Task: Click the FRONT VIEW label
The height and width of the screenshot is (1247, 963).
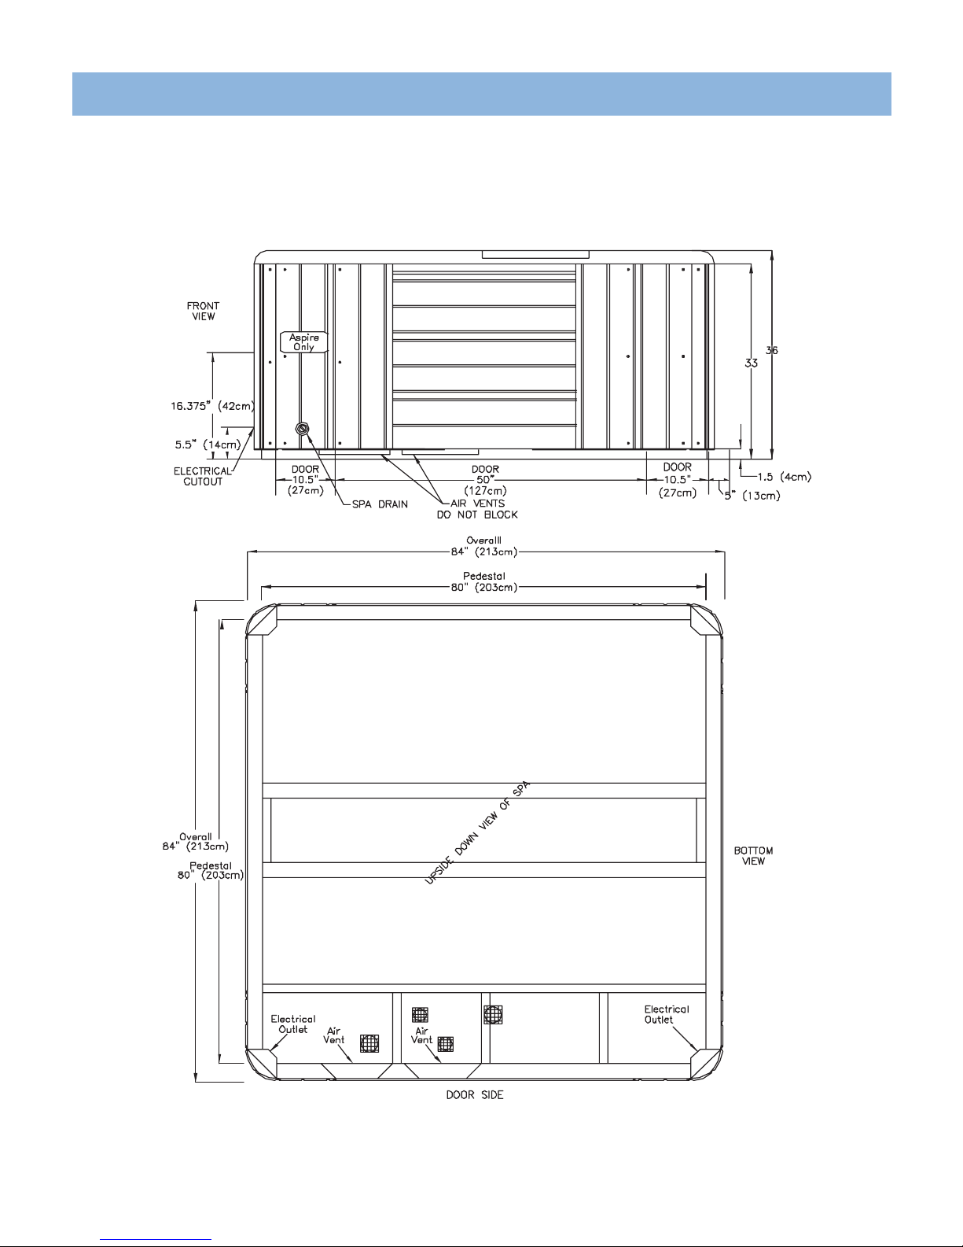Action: pyautogui.click(x=203, y=311)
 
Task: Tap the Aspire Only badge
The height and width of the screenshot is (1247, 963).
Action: pyautogui.click(x=303, y=342)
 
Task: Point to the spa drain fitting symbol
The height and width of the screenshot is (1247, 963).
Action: pyautogui.click(x=302, y=429)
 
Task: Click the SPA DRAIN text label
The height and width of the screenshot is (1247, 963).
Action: pyautogui.click(x=380, y=504)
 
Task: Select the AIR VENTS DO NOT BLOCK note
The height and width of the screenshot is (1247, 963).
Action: pyautogui.click(x=477, y=509)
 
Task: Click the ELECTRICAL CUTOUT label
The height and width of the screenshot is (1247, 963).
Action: pyautogui.click(x=202, y=476)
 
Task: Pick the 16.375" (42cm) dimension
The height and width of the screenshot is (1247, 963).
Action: pyautogui.click(x=213, y=406)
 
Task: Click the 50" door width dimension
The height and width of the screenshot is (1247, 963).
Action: pyautogui.click(x=485, y=480)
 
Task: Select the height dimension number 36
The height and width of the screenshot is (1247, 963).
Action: pyautogui.click(x=772, y=350)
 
